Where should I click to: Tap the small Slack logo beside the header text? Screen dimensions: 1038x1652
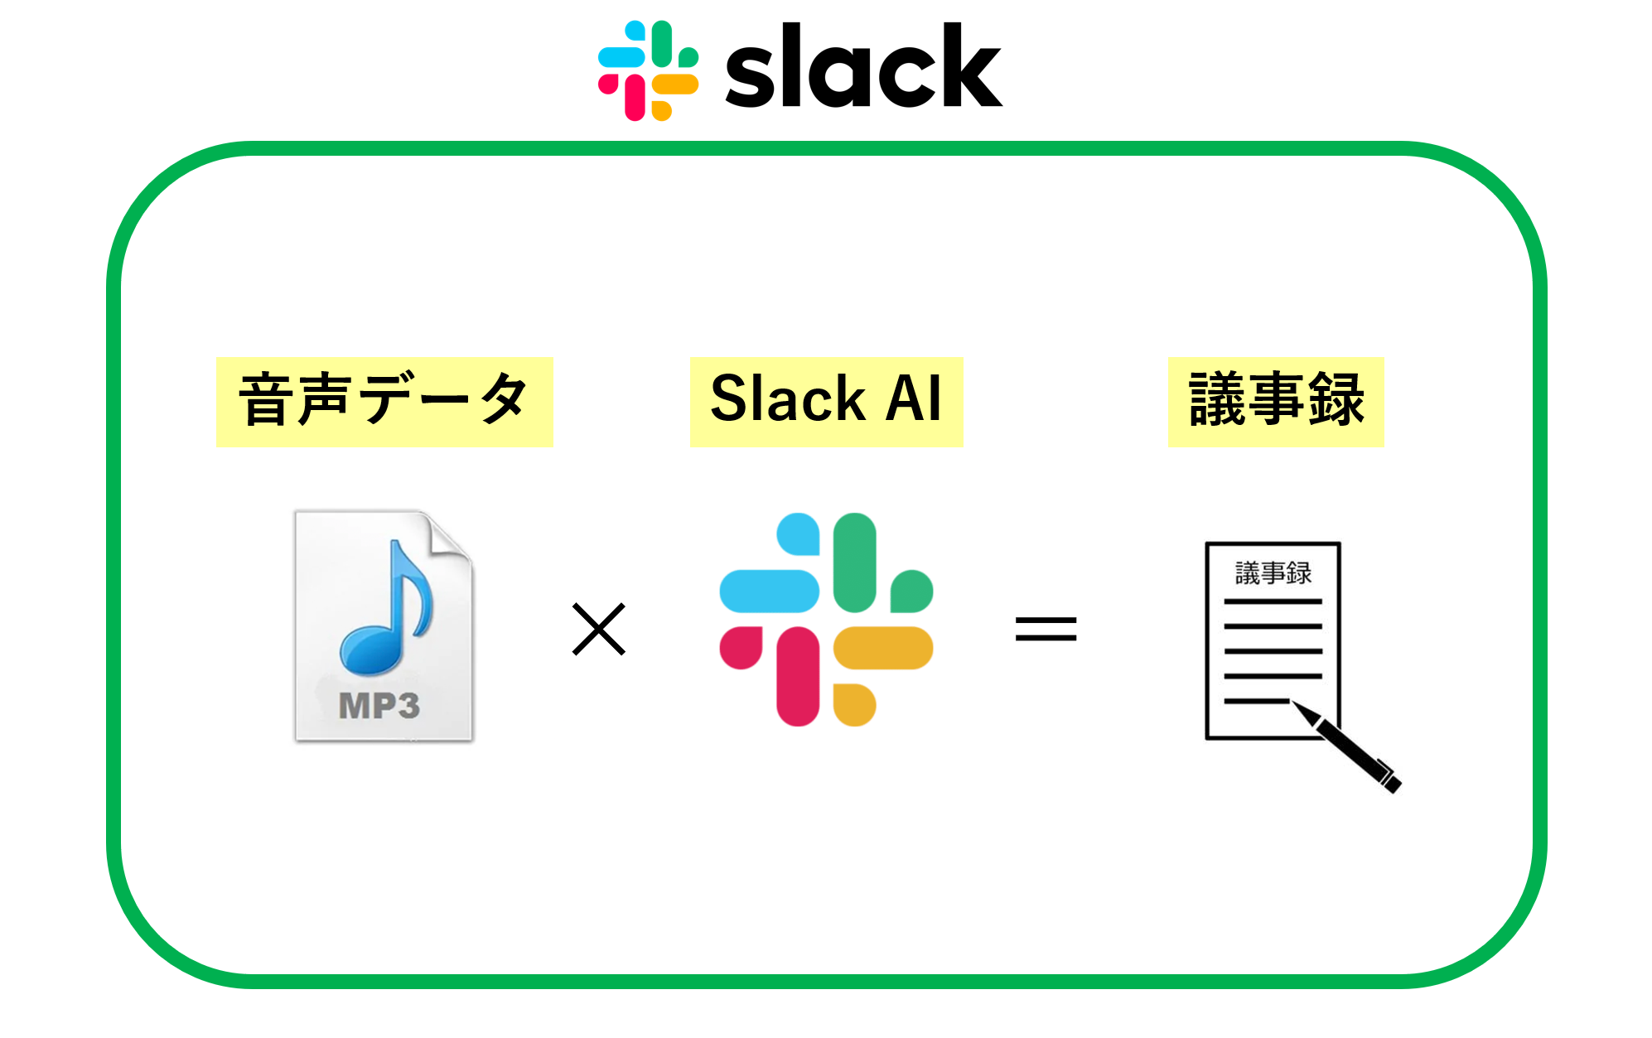pyautogui.click(x=648, y=70)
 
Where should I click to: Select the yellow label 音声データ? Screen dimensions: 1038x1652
pyautogui.click(x=384, y=402)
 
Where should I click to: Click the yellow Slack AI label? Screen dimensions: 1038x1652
pyautogui.click(x=826, y=402)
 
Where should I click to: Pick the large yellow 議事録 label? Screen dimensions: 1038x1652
pyautogui.click(x=1275, y=402)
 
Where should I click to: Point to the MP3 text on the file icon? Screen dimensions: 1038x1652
pyautogui.click(x=379, y=706)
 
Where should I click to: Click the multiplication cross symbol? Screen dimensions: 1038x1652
pyautogui.click(x=598, y=629)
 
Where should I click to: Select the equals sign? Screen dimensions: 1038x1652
pyautogui.click(x=1046, y=629)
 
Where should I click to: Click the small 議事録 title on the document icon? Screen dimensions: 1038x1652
pyautogui.click(x=1273, y=572)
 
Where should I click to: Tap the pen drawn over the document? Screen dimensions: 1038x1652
pyautogui.click(x=1350, y=747)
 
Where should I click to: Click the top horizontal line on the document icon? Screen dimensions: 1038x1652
pyautogui.click(x=1273, y=601)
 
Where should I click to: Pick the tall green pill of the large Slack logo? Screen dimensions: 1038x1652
pyautogui.click(x=854, y=562)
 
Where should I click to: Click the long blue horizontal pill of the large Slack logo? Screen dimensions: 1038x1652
pyautogui.click(x=769, y=591)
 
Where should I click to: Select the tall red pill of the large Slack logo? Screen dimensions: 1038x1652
pyautogui.click(x=798, y=676)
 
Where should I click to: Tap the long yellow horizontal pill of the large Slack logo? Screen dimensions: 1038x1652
pyautogui.click(x=883, y=648)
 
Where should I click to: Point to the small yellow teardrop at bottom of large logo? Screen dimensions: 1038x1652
pyautogui.click(x=853, y=705)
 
